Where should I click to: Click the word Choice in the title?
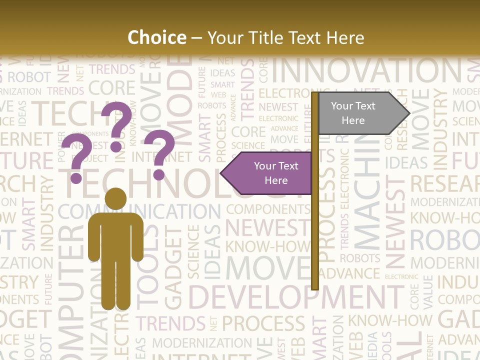click(x=156, y=37)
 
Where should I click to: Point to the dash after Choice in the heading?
click(x=196, y=37)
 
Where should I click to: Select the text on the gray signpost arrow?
click(x=353, y=113)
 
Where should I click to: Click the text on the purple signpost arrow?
click(x=275, y=173)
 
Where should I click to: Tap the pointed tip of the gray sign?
click(x=408, y=113)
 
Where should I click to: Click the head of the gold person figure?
click(x=115, y=198)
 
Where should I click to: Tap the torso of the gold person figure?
click(x=115, y=235)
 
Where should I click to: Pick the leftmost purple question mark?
click(x=76, y=158)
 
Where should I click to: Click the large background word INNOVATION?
click(x=367, y=71)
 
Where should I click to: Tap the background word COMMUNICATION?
click(x=140, y=211)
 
